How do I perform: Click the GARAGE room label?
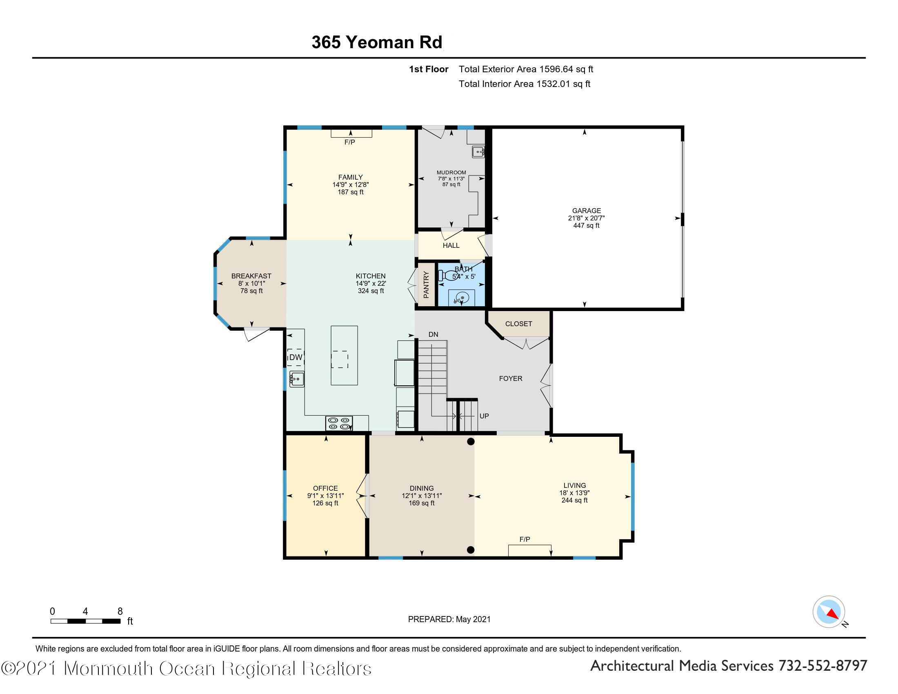tap(586, 211)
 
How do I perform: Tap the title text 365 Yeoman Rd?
tap(377, 42)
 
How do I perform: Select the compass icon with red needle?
tap(829, 612)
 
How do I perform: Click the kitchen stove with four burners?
tap(339, 423)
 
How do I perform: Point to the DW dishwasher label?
tap(296, 357)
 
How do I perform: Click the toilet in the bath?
tap(445, 276)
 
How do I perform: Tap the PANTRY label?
tap(426, 285)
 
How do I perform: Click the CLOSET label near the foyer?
tap(518, 324)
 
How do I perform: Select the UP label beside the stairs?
tap(484, 416)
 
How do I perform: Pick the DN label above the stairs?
tap(433, 335)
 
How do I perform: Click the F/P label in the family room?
tap(349, 142)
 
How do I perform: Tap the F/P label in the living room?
tap(525, 539)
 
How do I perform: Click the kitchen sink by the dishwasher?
tap(296, 379)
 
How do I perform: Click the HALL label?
tap(451, 245)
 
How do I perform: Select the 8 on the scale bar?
tap(120, 612)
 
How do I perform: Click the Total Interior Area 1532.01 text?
tap(524, 84)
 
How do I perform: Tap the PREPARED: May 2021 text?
tap(449, 619)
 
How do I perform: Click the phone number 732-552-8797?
tap(823, 666)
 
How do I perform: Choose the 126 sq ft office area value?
tap(325, 503)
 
